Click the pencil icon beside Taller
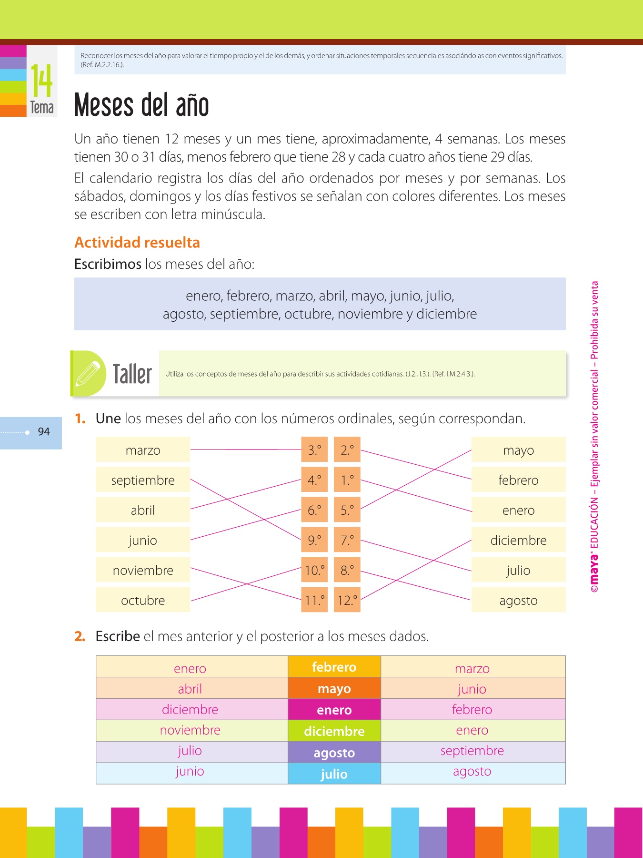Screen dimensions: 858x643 [x=88, y=374]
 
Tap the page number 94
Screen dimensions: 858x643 [x=44, y=432]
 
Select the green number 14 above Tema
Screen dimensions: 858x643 [x=42, y=81]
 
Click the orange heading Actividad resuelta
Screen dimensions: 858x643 [x=137, y=243]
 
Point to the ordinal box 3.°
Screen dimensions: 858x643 [x=314, y=449]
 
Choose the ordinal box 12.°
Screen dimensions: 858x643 [x=347, y=600]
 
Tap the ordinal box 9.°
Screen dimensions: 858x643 [x=314, y=540]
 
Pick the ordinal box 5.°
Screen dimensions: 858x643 [x=347, y=510]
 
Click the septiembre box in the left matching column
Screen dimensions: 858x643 [x=143, y=480]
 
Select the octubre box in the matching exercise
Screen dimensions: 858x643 [x=143, y=600]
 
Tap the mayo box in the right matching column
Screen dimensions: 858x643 [x=518, y=449]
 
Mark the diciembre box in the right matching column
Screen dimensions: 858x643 [x=518, y=540]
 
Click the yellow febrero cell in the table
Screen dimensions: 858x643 [x=334, y=667]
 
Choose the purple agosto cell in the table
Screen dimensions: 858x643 [x=334, y=753]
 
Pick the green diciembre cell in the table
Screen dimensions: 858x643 [x=334, y=731]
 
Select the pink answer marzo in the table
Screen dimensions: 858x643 [x=472, y=668]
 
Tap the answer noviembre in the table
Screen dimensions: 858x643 [x=190, y=730]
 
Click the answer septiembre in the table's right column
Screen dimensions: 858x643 [x=472, y=750]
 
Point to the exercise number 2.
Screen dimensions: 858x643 [x=80, y=636]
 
